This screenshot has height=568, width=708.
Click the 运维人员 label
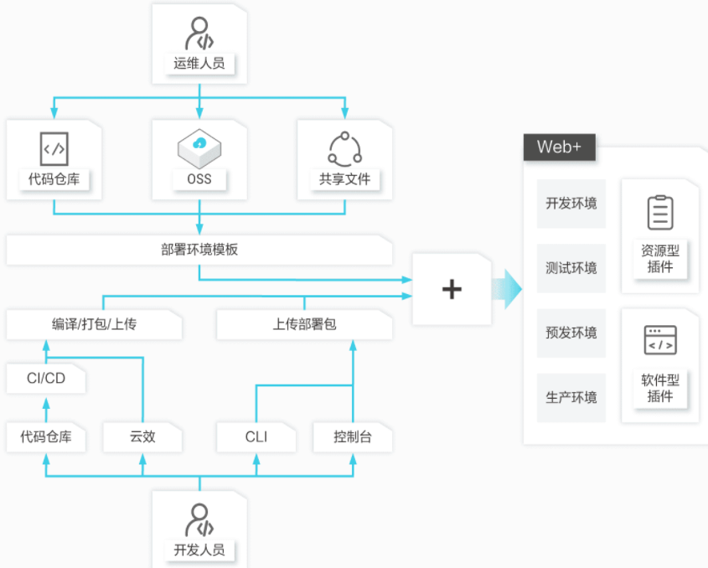199,63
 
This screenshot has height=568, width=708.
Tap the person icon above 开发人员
199,520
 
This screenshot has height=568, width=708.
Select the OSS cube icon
199,148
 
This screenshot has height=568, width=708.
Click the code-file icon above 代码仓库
54,148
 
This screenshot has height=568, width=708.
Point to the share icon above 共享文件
345,149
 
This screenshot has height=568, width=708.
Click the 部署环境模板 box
199,250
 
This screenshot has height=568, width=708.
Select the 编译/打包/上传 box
94,324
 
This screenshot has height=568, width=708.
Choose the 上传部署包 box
304,324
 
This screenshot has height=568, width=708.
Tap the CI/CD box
46,379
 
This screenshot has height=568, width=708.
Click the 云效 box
142,437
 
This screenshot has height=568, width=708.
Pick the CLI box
256,437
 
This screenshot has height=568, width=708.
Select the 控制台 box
353,437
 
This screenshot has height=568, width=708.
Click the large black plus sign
452,289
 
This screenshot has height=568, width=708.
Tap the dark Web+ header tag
560,147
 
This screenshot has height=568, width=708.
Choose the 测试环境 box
571,268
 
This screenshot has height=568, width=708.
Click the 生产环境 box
571,398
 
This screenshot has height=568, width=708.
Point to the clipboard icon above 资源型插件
660,212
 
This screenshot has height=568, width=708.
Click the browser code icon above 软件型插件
660,340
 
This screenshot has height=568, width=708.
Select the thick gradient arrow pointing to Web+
507,289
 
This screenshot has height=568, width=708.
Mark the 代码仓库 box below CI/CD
46,437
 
